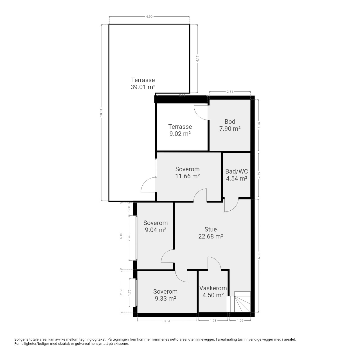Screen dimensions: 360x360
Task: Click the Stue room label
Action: tap(211, 229)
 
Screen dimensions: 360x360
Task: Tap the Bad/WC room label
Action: tap(237, 171)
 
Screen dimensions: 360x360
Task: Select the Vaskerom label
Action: tap(213, 288)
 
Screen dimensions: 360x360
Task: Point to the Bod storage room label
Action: tap(230, 121)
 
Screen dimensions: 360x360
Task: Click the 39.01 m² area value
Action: tap(143, 87)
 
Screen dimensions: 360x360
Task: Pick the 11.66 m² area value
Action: tap(188, 176)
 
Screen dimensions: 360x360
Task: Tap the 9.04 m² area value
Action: tap(156, 230)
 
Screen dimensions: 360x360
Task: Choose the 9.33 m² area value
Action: tap(165, 298)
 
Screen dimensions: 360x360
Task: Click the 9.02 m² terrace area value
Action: tap(180, 134)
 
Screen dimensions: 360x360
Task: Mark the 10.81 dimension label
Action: tap(101, 113)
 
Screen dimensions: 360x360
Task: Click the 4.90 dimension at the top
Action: tap(149, 17)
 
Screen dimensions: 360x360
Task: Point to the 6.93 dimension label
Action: tap(259, 256)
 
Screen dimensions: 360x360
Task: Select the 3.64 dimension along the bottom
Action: tap(167, 321)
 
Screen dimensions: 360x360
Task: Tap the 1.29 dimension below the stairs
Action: tap(240, 321)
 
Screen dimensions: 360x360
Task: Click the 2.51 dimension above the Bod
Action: tap(230, 91)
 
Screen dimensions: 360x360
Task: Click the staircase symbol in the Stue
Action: tap(238, 302)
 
